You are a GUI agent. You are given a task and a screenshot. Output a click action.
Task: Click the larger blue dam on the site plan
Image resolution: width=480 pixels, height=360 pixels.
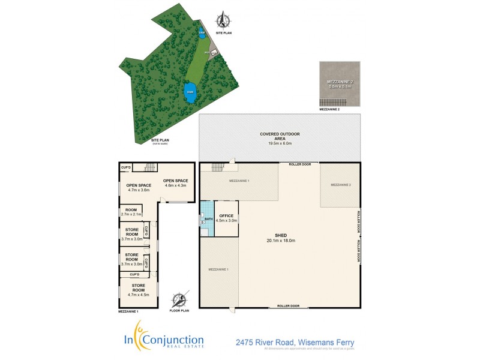click(x=190, y=92)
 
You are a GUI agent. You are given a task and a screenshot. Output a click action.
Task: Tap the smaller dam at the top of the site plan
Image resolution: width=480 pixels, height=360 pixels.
click(x=202, y=34)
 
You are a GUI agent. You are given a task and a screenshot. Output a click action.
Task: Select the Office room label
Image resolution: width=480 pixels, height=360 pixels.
click(x=226, y=218)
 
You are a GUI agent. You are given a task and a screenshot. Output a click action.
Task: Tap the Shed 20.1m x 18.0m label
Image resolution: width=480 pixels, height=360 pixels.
click(x=281, y=238)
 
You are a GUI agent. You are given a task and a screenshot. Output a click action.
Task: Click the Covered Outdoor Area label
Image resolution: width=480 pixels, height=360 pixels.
click(x=280, y=139)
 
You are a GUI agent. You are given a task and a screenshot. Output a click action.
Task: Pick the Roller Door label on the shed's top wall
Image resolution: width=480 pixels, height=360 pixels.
click(x=299, y=164)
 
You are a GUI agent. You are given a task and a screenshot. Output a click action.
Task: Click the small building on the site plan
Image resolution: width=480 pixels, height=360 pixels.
click(x=208, y=53)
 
